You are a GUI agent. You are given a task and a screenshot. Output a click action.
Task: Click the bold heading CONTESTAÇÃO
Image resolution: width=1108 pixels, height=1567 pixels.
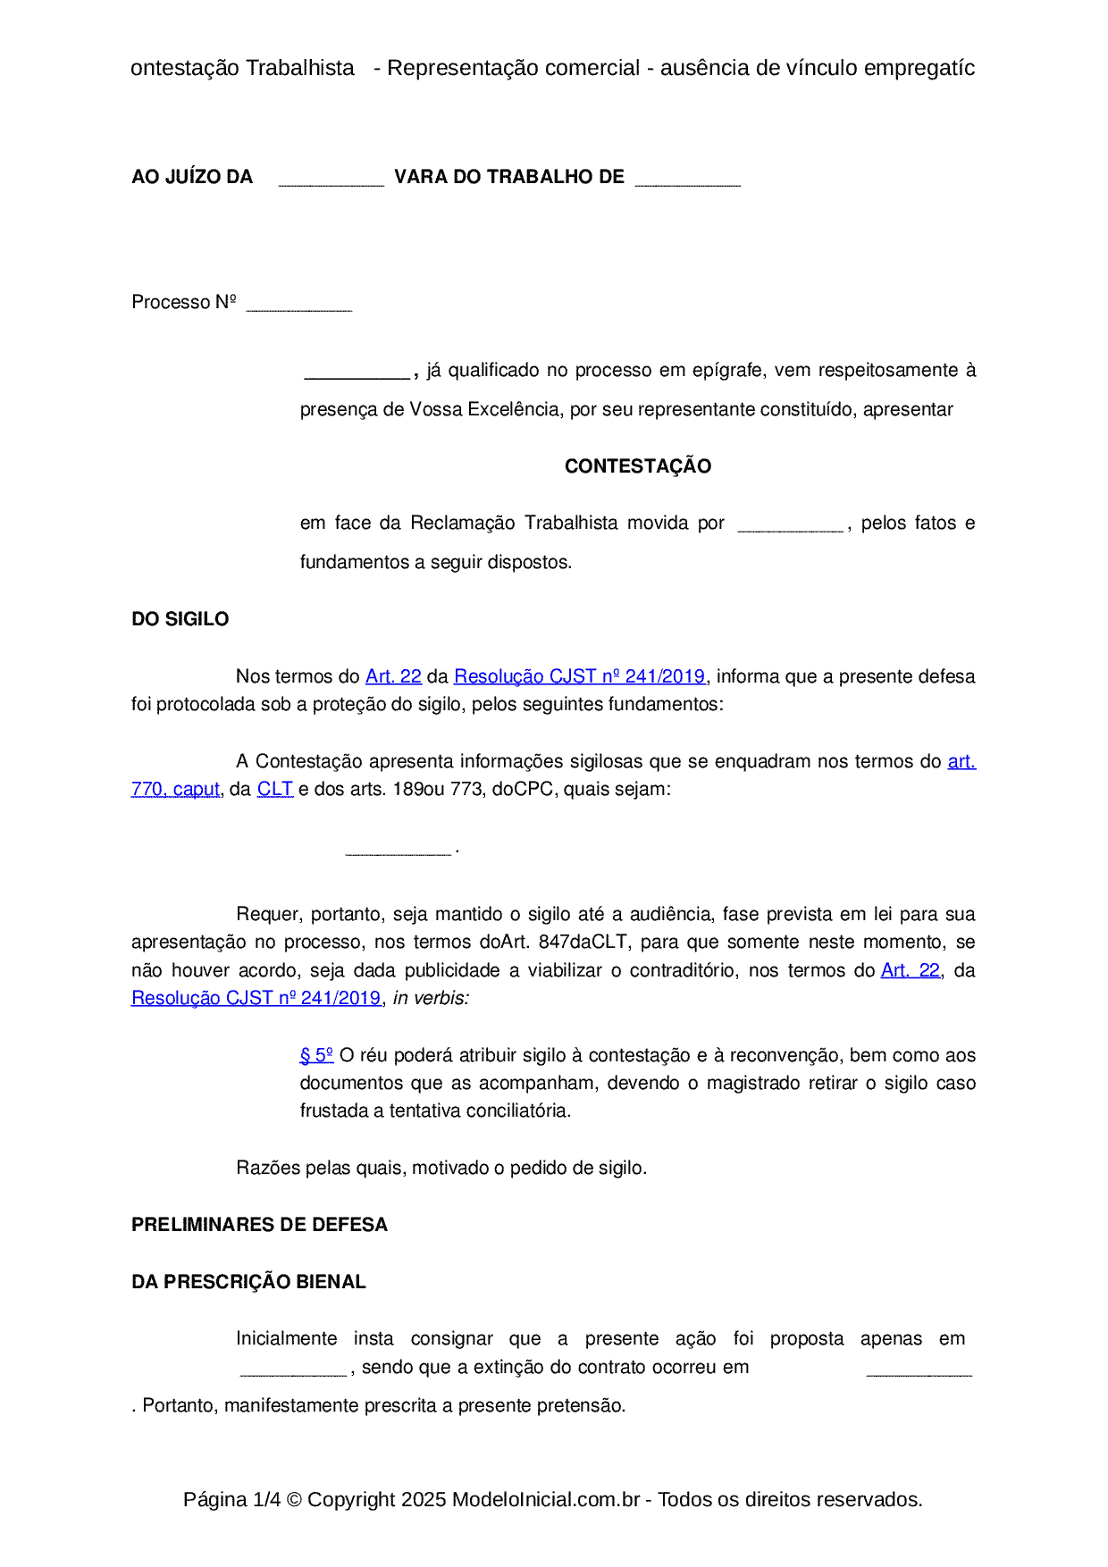click(x=637, y=466)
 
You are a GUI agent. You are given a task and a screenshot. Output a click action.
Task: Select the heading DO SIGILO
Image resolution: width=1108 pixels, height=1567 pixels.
click(x=180, y=619)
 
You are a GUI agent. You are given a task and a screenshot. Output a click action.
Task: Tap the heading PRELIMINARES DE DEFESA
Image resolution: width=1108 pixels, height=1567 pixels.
click(x=259, y=1225)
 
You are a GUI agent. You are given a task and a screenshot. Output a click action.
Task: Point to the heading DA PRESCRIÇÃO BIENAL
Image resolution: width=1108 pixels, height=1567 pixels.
click(x=248, y=1282)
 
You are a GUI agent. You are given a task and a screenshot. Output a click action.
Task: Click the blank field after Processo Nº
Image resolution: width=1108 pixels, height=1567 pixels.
click(x=298, y=305)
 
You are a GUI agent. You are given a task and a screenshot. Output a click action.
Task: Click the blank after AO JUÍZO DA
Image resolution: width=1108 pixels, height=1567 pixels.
click(x=331, y=180)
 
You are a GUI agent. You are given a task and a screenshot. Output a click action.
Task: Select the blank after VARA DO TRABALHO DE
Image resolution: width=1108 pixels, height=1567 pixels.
click(x=687, y=180)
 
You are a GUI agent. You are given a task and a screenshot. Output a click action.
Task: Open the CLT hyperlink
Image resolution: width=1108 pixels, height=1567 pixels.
click(x=274, y=789)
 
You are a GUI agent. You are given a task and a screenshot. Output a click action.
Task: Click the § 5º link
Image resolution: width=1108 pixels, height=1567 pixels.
click(x=316, y=1055)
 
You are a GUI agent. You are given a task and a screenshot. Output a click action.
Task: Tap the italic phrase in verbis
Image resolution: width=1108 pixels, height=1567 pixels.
click(x=431, y=998)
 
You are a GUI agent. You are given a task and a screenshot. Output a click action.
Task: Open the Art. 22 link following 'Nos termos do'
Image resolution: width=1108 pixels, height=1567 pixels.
click(x=393, y=676)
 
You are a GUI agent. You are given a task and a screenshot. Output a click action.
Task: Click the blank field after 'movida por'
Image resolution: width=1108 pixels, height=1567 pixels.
click(x=790, y=525)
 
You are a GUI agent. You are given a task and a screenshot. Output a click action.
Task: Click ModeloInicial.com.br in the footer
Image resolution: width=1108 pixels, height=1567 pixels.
click(x=545, y=1499)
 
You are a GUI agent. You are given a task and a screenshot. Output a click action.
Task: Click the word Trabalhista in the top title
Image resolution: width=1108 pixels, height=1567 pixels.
click(x=299, y=68)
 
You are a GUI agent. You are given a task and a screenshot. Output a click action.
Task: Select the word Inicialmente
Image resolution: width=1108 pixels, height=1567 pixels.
click(x=286, y=1338)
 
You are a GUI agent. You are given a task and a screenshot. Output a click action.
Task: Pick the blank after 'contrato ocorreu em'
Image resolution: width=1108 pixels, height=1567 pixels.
click(x=919, y=1370)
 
